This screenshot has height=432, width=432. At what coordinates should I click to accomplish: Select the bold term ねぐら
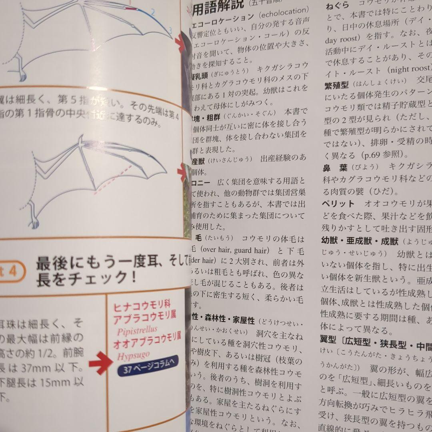tap(338, 6)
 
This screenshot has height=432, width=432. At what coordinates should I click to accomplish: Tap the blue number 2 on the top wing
tap(152, 12)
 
